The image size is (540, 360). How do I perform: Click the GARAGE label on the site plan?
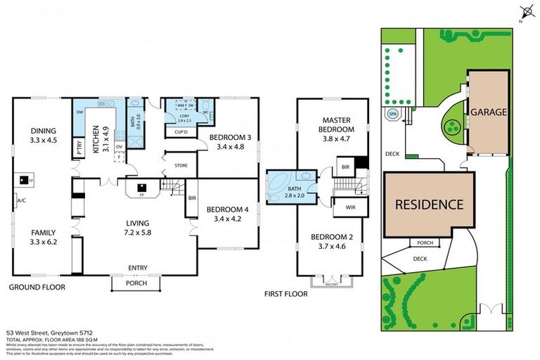click(490, 112)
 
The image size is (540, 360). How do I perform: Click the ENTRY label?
click(137, 267)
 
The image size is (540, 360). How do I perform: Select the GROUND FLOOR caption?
click(37, 288)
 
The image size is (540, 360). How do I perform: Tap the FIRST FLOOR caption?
click(285, 294)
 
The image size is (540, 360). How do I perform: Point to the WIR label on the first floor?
click(345, 208)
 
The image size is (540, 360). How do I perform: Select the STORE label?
click(181, 166)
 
